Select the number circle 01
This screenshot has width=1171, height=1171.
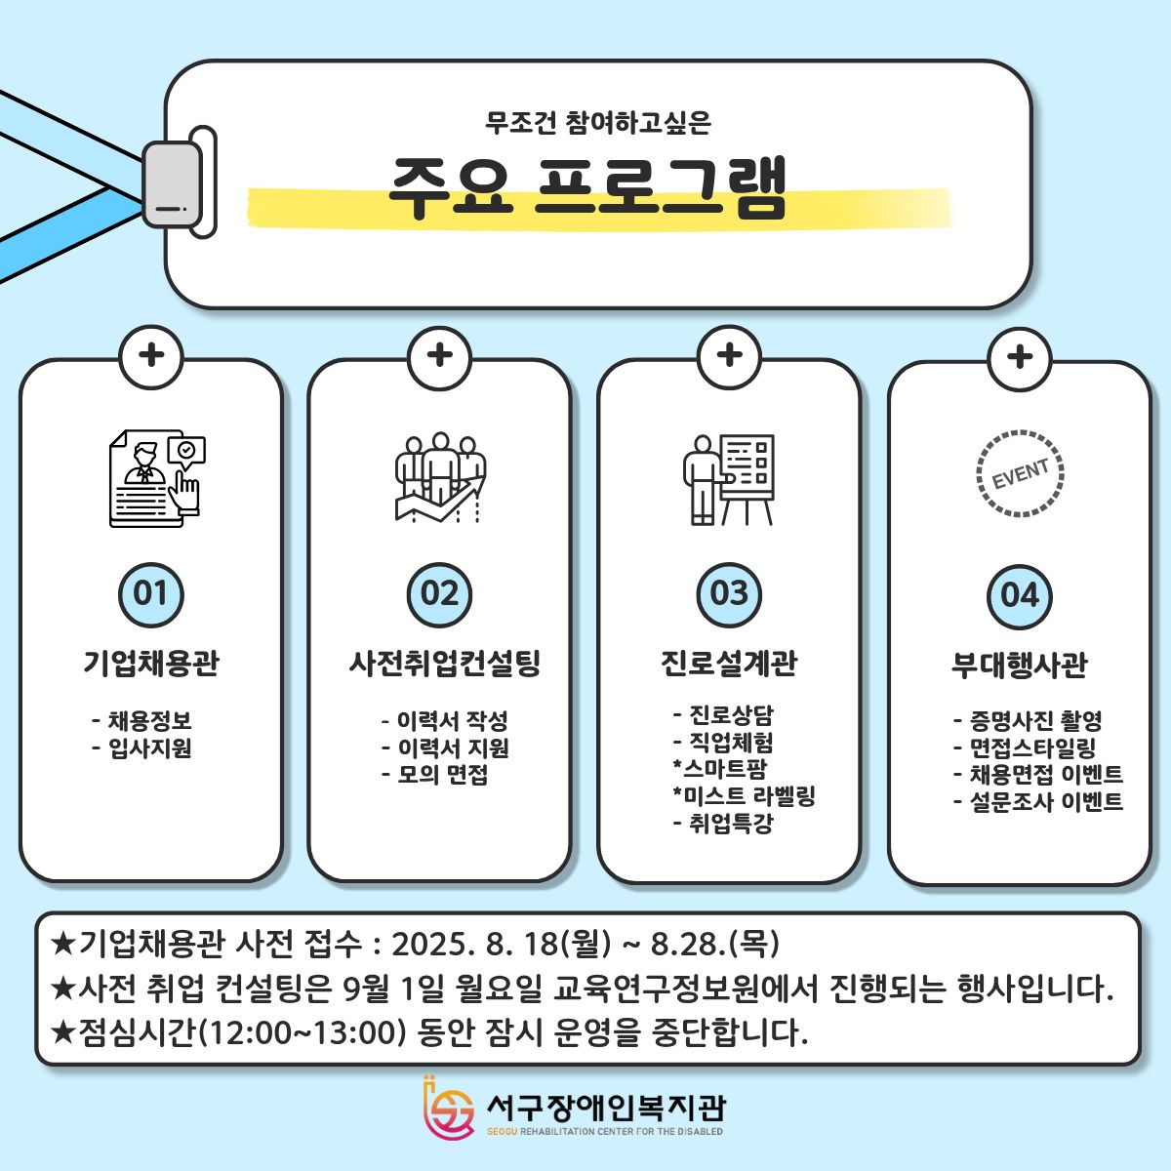pyautogui.click(x=151, y=594)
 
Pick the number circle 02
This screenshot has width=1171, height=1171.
pyautogui.click(x=440, y=594)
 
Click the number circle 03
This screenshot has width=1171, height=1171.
pyautogui.click(x=729, y=594)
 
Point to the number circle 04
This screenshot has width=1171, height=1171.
pyautogui.click(x=1020, y=595)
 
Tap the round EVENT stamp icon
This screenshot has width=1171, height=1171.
pyautogui.click(x=1020, y=473)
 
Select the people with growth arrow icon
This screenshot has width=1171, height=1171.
pyautogui.click(x=440, y=478)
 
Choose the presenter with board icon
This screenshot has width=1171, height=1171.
pyautogui.click(x=729, y=478)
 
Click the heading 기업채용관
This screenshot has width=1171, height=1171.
pyautogui.click(x=151, y=664)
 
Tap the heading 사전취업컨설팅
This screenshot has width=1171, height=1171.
pyautogui.click(x=444, y=664)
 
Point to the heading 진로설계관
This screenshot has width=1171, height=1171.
pyautogui.click(x=729, y=664)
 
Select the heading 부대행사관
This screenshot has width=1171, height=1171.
pyautogui.click(x=1020, y=666)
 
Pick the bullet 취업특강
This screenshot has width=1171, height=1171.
pyautogui.click(x=730, y=824)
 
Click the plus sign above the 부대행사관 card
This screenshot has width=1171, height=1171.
pyautogui.click(x=1020, y=356)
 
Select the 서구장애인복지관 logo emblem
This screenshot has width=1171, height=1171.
pyautogui.click(x=449, y=1109)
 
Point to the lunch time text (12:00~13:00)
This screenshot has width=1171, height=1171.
pyautogui.click(x=301, y=1031)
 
